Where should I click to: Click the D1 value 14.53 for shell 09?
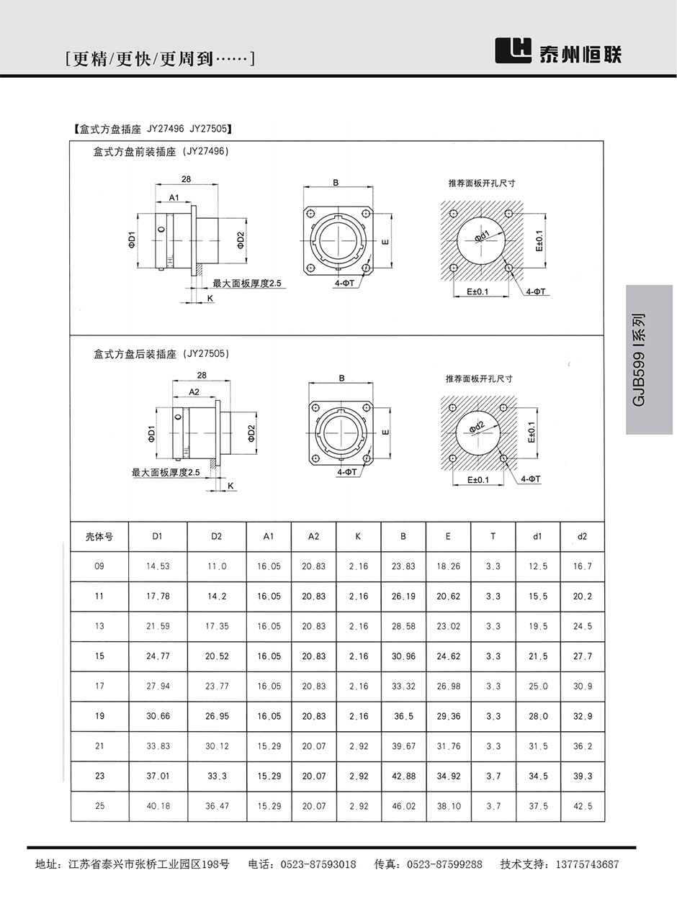[158, 566]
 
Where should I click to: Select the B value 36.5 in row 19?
[403, 716]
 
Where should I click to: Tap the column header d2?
[582, 536]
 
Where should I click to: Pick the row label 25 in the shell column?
[99, 806]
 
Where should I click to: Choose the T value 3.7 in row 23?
[493, 776]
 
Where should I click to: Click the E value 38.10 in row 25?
[448, 806]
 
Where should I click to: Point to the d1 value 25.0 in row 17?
[538, 687]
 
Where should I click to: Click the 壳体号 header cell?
[99, 536]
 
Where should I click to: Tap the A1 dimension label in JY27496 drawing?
[174, 196]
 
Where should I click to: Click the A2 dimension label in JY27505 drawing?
[194, 391]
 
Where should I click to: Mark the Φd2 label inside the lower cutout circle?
[476, 427]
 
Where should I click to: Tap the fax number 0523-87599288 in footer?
[444, 864]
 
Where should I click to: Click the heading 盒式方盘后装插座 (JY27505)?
[161, 354]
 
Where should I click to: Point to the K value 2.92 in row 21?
[358, 746]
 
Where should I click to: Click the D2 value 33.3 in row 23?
[217, 776]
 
